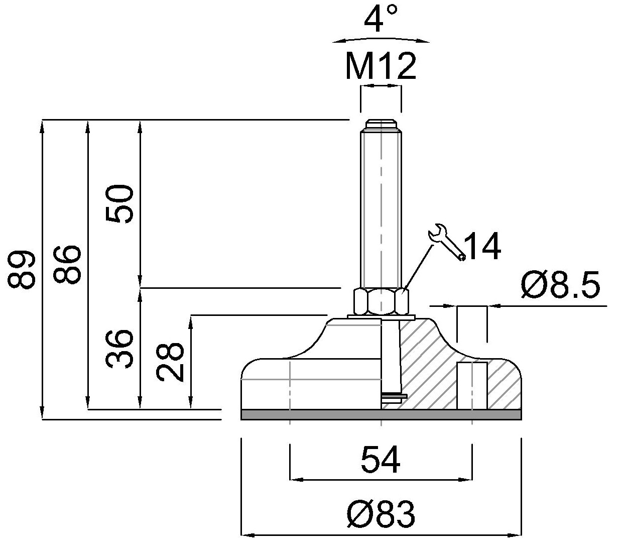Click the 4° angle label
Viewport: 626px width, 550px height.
(x=381, y=19)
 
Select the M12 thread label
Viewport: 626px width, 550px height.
(x=381, y=65)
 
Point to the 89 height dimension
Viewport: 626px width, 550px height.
(x=21, y=269)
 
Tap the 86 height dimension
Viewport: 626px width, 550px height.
(x=67, y=264)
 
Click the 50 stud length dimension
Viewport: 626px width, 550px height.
(x=119, y=203)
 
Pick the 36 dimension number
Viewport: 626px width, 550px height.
(x=119, y=348)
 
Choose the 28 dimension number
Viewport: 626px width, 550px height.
(x=170, y=362)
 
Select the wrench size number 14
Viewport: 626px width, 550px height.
(x=482, y=246)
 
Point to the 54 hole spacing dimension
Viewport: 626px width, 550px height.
(x=381, y=460)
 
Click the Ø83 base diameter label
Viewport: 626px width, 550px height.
(x=381, y=514)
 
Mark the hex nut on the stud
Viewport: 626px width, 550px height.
(x=381, y=301)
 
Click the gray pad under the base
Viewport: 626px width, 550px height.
(x=381, y=414)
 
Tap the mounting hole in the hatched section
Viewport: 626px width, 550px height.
(x=472, y=386)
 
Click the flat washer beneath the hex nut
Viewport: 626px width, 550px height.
(x=381, y=317)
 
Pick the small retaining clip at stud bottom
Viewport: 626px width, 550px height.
(x=394, y=396)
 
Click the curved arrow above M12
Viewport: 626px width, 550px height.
(x=381, y=40)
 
